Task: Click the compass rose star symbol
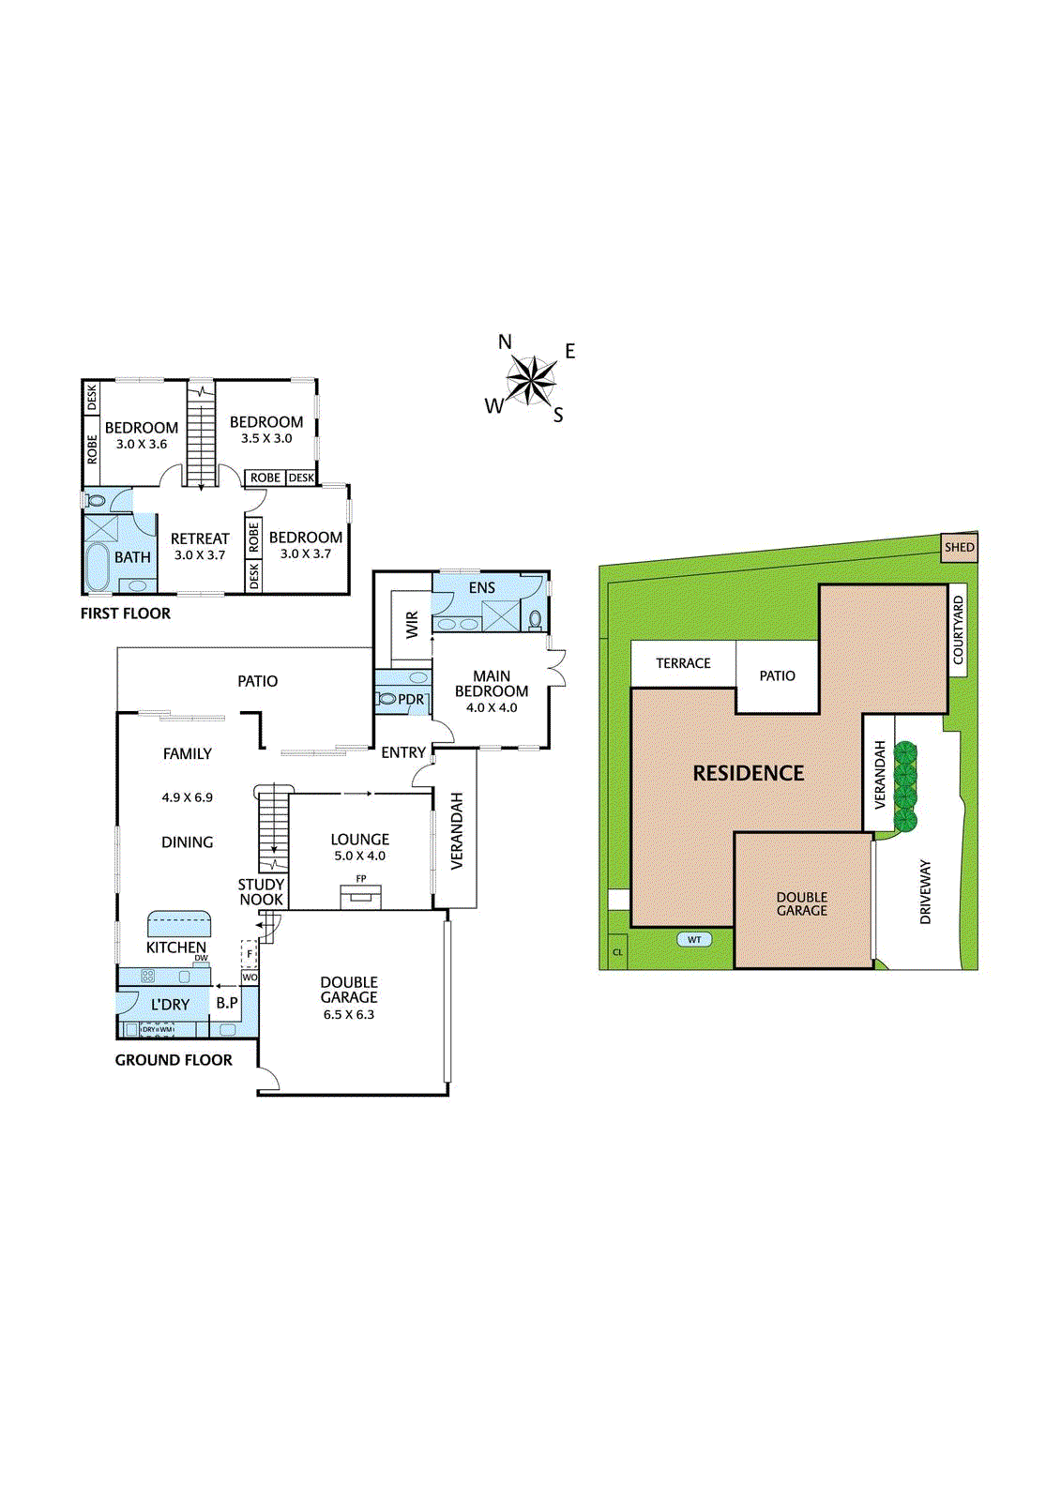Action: (531, 380)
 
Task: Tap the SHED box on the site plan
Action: (959, 547)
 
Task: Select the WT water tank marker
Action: (693, 939)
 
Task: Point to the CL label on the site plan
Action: (617, 951)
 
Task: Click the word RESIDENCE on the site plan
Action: (748, 773)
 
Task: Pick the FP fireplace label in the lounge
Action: (361, 878)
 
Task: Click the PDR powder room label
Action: (411, 700)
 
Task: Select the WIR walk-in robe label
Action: (412, 624)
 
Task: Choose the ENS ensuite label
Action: (482, 587)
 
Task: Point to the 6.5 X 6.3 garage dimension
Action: (349, 1014)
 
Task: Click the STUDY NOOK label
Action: (262, 892)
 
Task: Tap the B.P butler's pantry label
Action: (227, 1003)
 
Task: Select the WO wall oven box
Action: (250, 977)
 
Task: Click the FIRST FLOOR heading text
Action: (126, 614)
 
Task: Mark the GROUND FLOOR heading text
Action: (174, 1060)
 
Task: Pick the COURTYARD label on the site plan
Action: (958, 630)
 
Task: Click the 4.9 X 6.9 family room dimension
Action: (187, 797)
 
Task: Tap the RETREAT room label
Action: (200, 538)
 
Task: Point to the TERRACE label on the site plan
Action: (683, 663)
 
